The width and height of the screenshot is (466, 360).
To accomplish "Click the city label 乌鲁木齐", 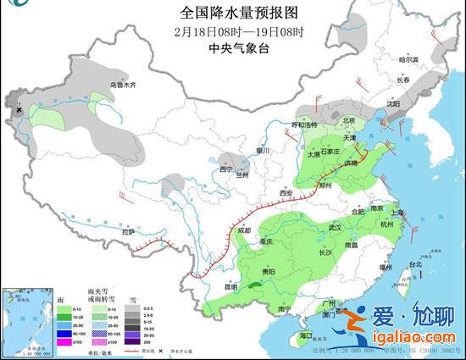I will point(123,86).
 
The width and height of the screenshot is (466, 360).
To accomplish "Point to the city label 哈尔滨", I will point(409,59).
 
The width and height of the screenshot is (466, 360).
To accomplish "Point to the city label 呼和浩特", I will point(304,125).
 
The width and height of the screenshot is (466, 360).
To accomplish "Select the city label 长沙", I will point(325,252).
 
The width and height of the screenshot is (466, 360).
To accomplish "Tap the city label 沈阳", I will point(392,104).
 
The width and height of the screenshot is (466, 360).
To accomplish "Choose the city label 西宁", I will point(225,169).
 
